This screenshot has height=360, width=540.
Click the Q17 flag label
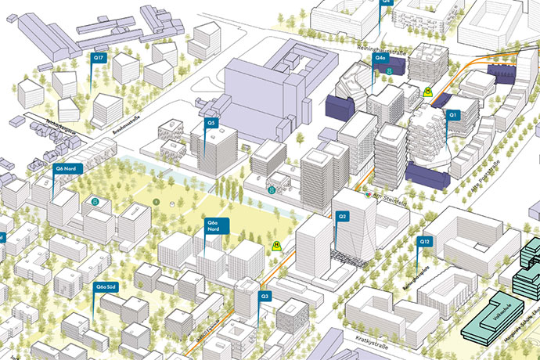pyautogui.click(x=98, y=59)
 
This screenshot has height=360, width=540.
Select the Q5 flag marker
pyautogui.click(x=211, y=123)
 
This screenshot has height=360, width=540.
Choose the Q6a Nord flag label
pyautogui.click(x=212, y=226)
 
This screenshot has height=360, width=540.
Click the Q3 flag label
pyautogui.click(x=265, y=297)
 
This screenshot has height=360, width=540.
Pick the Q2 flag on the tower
pyautogui.click(x=342, y=216)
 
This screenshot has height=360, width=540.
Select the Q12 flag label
pyautogui.click(x=425, y=242)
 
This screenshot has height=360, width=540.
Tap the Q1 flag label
pyautogui.click(x=452, y=115)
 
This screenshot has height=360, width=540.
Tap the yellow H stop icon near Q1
pyautogui.click(x=427, y=92)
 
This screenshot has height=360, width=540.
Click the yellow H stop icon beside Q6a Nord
pyautogui.click(x=275, y=246)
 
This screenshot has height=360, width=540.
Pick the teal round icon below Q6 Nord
pyautogui.click(x=95, y=203)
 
